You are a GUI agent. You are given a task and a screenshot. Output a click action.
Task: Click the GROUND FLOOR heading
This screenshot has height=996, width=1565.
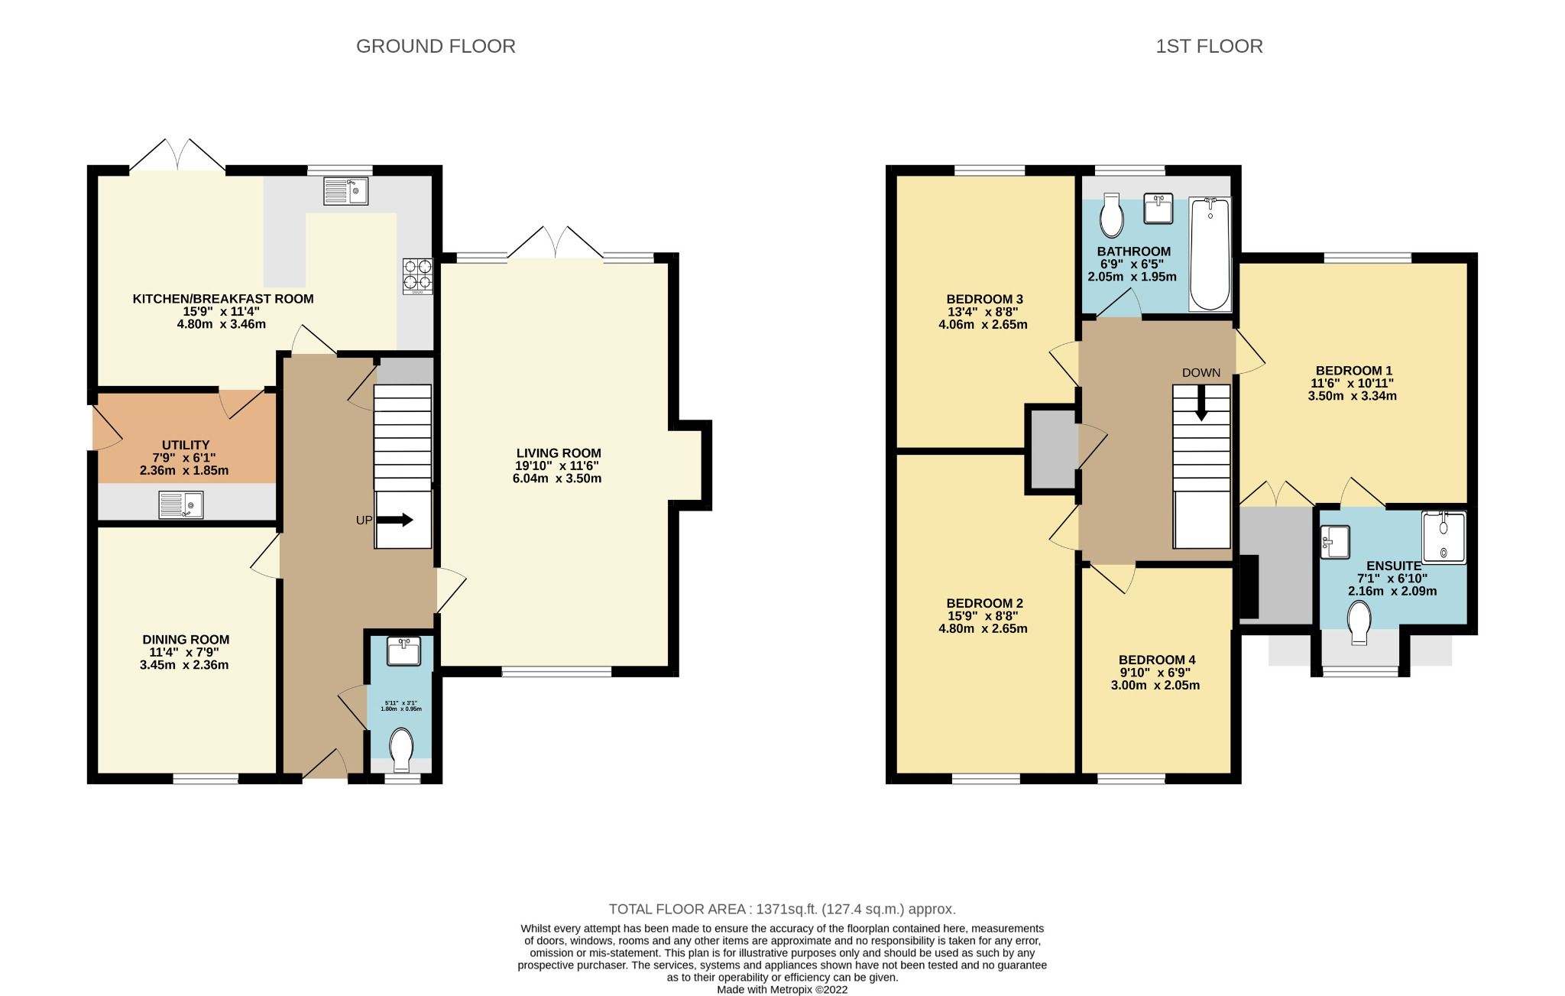[436, 47]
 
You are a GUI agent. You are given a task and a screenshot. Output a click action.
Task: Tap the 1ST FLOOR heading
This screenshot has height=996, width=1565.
[1209, 47]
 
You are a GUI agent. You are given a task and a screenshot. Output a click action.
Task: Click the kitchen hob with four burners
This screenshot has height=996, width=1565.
[418, 276]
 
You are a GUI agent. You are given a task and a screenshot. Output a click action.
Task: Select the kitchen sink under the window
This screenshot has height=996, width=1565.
[345, 191]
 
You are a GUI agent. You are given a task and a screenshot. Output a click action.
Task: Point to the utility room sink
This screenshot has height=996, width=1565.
[181, 504]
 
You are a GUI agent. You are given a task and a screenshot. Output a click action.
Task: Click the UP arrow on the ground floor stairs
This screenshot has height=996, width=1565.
[395, 520]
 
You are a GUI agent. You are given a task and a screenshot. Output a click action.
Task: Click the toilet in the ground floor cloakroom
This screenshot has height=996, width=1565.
[401, 749]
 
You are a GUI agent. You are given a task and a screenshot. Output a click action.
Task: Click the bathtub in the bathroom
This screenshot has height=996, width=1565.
[1210, 254]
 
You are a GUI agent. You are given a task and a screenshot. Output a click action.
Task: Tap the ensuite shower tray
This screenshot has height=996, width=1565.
[1443, 537]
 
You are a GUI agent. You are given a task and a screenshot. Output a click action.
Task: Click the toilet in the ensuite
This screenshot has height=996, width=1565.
[1359, 622]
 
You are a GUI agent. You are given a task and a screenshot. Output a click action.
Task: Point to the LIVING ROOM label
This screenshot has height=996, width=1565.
[558, 453]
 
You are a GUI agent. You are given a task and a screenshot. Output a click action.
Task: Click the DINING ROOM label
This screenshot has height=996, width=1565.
[186, 640]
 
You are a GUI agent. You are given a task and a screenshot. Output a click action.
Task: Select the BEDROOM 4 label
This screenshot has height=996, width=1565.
[1156, 660]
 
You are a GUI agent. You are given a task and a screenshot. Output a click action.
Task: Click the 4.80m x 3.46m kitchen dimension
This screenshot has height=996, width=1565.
[222, 324]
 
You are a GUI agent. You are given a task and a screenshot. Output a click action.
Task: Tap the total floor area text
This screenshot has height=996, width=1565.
[782, 909]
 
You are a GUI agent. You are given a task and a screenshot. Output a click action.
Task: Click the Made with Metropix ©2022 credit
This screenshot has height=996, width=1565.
[782, 989]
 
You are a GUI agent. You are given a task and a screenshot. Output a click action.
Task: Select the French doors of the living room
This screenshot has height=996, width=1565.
[555, 243]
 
